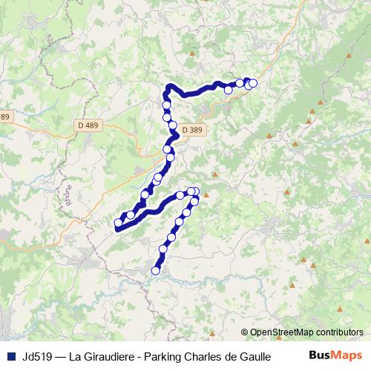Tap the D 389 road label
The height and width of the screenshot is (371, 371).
coord(191,129)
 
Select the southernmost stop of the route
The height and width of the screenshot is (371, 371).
coord(156,271)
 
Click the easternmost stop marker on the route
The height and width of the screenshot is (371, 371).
coord(253,83)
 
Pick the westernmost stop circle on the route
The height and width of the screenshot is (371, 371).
coord(118,223)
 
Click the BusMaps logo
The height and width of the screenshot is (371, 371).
coord(335,355)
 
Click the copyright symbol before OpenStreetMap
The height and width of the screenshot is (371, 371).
coord(245,332)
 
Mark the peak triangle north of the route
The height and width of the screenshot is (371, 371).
coord(193,53)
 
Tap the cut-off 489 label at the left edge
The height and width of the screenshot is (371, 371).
coord(5,117)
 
